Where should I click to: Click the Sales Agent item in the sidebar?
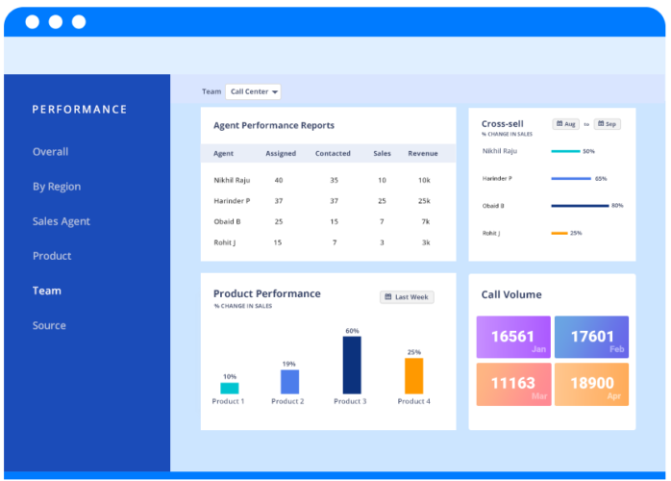click(x=61, y=221)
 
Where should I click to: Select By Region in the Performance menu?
click(x=56, y=187)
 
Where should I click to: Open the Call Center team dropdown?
click(x=254, y=92)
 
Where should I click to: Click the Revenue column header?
click(x=423, y=154)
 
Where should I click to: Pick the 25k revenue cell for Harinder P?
click(x=424, y=201)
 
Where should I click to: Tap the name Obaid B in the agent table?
click(x=228, y=221)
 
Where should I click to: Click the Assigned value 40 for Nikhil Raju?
click(x=279, y=180)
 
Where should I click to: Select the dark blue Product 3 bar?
click(x=352, y=365)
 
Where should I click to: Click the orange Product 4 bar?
click(x=413, y=375)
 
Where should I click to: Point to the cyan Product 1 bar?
click(x=230, y=388)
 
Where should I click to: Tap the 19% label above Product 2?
click(x=289, y=364)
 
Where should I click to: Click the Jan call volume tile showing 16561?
click(x=513, y=337)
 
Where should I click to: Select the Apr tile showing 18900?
click(x=591, y=384)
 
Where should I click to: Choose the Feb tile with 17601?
click(x=591, y=337)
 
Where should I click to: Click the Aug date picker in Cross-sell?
click(x=565, y=124)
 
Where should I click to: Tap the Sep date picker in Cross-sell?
click(x=607, y=124)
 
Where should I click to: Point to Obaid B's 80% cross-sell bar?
click(x=580, y=206)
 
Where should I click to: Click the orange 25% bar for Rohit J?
click(x=559, y=233)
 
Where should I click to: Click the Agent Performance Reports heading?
click(x=274, y=126)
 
